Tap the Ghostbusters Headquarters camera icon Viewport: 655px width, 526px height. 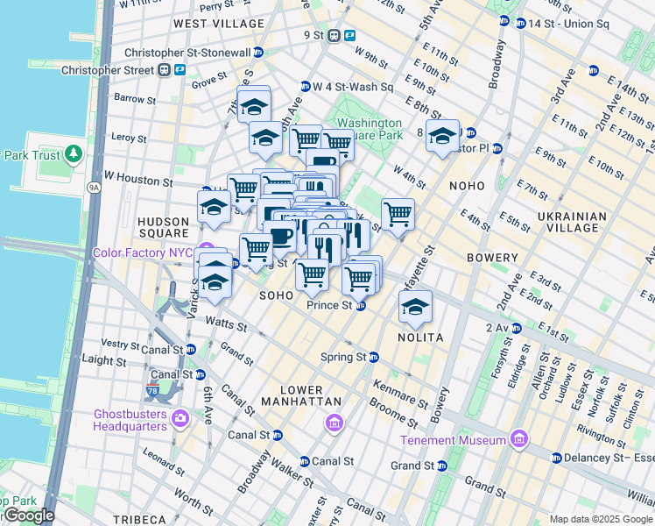click(181, 417)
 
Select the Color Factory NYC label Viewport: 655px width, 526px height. click(143, 252)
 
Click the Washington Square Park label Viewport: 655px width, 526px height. click(370, 130)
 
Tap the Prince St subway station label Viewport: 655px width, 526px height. click(329, 306)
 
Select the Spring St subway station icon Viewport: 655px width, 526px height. click(373, 358)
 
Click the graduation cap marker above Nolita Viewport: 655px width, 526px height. click(415, 307)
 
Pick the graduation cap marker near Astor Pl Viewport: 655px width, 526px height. click(443, 137)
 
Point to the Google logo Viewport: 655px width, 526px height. click(28, 515)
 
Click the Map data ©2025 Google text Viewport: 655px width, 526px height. click(601, 519)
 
